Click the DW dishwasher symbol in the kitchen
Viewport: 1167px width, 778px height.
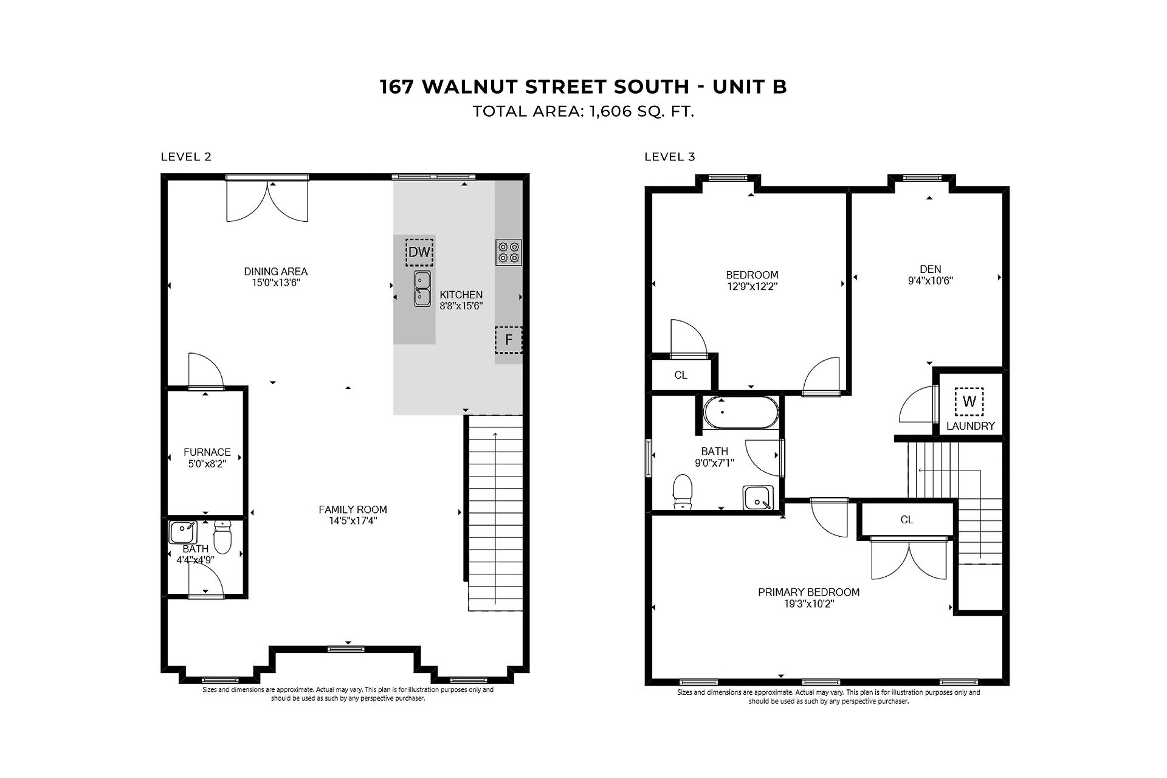tap(419, 252)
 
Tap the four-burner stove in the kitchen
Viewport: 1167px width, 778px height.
tap(509, 252)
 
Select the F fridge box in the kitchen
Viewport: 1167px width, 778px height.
tap(509, 340)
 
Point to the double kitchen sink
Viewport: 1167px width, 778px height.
tap(422, 289)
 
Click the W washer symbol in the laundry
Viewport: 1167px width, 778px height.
tap(969, 401)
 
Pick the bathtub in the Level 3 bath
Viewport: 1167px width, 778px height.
tap(740, 413)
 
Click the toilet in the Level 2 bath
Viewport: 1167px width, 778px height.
tap(222, 537)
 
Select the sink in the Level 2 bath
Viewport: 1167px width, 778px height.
tap(183, 532)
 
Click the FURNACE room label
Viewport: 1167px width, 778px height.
tap(207, 452)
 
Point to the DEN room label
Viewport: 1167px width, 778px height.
tap(931, 269)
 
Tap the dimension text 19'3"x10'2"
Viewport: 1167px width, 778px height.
tap(808, 604)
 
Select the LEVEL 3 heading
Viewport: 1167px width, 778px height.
tap(669, 157)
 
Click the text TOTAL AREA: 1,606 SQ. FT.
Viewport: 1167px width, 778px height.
tap(583, 112)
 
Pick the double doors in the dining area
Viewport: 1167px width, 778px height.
tap(267, 201)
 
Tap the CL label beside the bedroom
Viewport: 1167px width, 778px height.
tap(681, 376)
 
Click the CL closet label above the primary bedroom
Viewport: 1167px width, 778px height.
tap(907, 520)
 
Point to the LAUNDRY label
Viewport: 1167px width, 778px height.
tap(971, 426)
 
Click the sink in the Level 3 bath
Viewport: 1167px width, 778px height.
tap(758, 498)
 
